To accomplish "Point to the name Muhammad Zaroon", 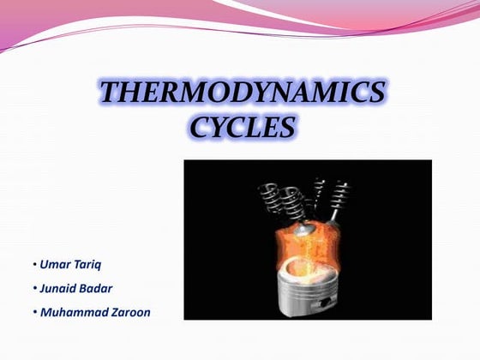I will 94,312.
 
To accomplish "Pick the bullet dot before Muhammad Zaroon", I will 34,313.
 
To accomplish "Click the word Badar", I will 98,287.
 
